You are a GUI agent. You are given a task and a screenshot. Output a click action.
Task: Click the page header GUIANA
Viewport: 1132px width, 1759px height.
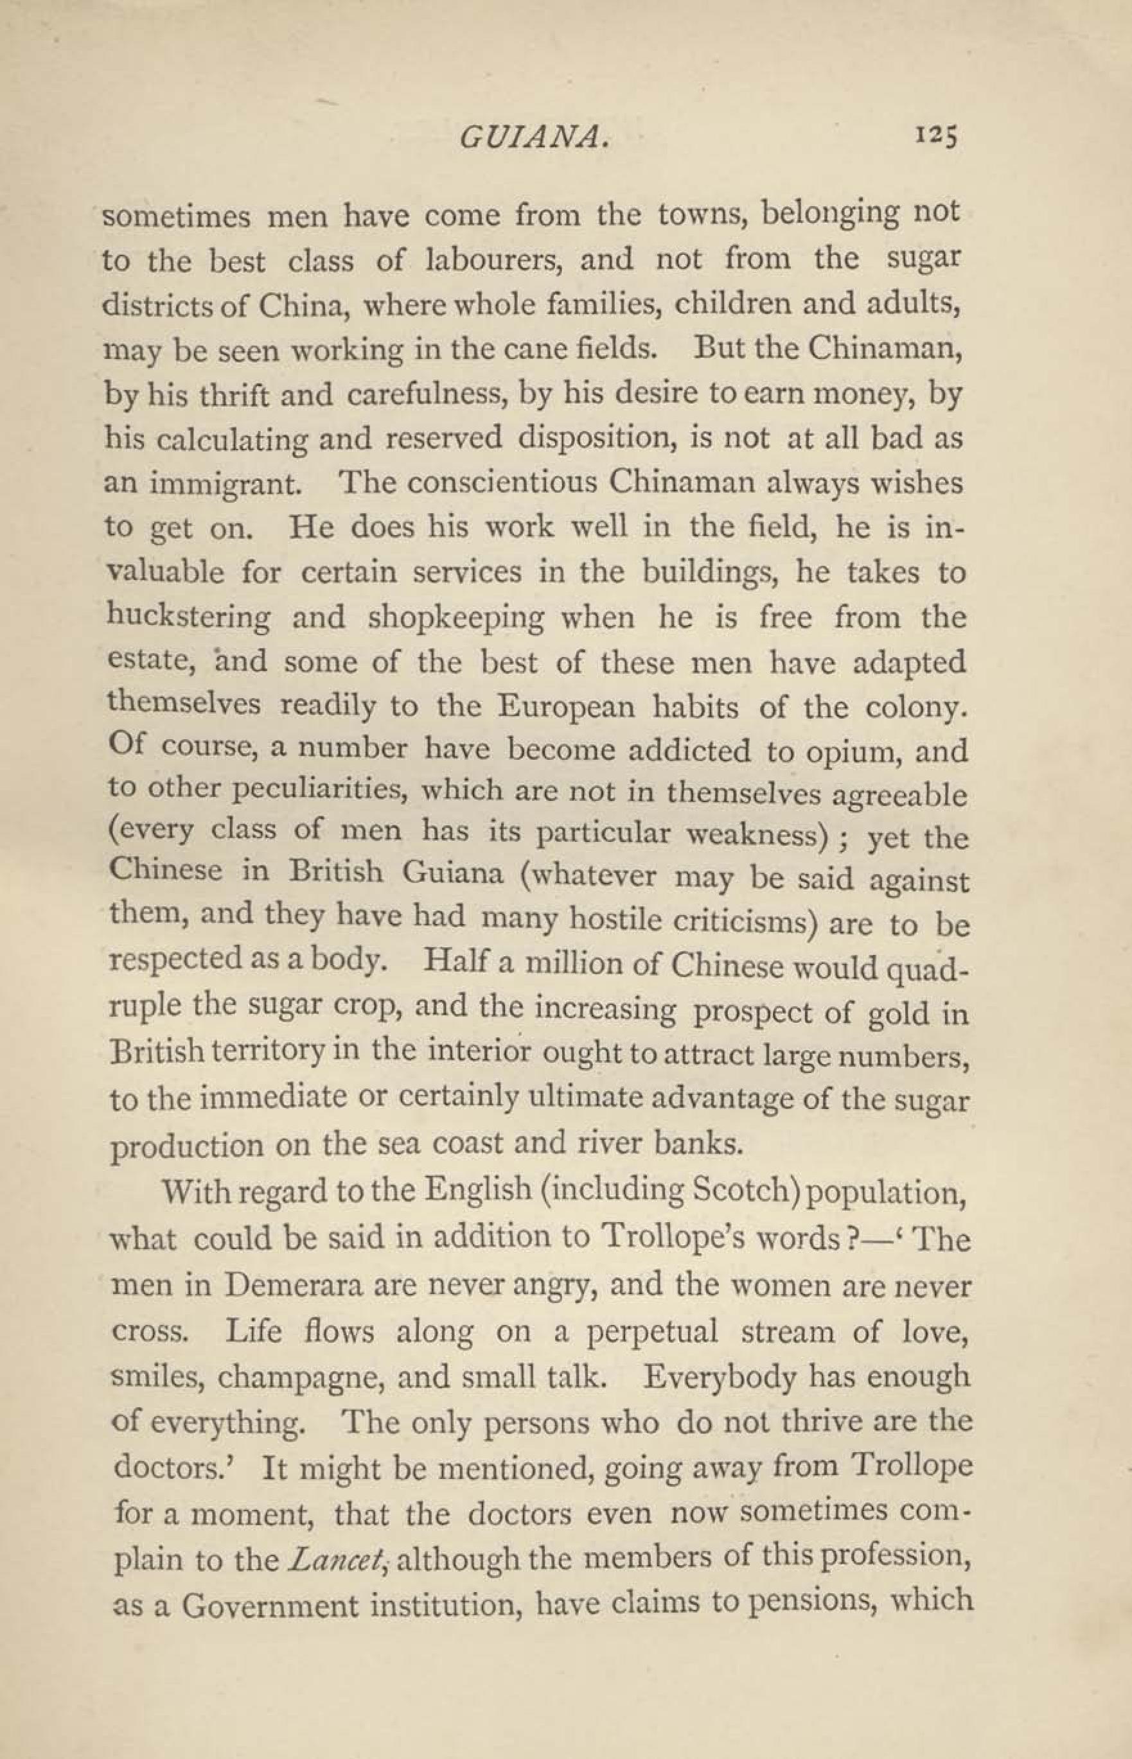[534, 137]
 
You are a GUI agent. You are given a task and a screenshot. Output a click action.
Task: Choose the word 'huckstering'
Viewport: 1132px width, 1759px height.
[188, 617]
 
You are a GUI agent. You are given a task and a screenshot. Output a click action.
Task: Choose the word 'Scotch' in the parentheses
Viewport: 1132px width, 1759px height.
[744, 1192]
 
